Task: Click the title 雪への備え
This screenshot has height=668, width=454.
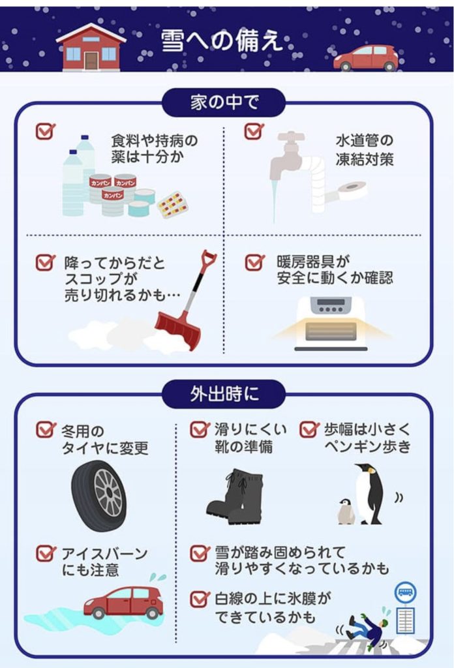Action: click(221, 41)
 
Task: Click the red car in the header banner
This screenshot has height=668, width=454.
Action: click(366, 58)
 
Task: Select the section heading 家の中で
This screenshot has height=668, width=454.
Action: click(223, 102)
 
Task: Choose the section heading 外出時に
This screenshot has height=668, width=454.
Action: click(224, 394)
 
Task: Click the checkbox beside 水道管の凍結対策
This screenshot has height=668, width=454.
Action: click(254, 131)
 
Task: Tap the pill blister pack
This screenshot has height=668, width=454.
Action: click(172, 204)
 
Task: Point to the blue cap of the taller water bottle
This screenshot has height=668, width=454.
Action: click(85, 138)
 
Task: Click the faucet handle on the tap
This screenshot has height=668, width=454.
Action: click(291, 137)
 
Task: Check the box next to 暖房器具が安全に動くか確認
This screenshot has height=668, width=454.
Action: click(254, 262)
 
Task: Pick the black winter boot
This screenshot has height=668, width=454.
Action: click(235, 496)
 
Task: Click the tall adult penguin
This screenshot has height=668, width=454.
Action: click(369, 493)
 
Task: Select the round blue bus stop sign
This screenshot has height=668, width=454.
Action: click(405, 592)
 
